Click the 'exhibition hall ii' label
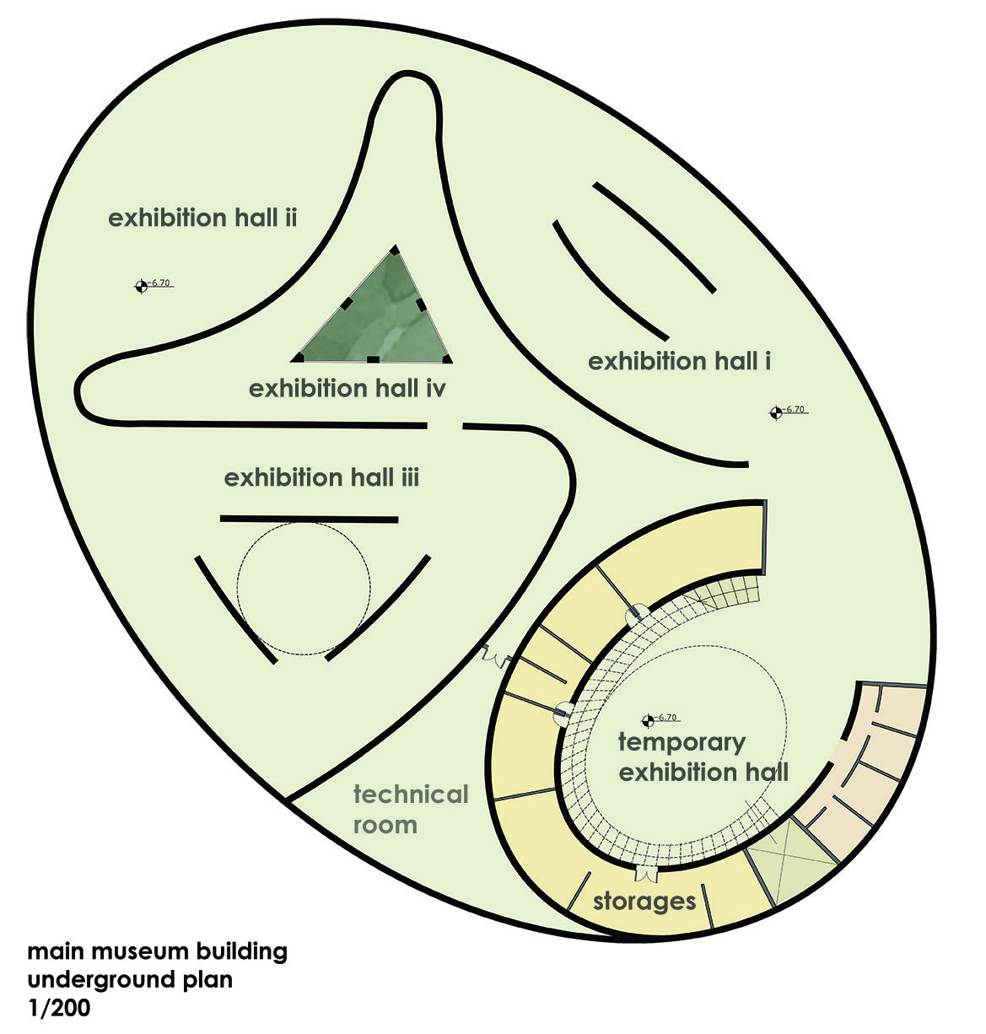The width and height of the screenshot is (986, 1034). pyautogui.click(x=202, y=218)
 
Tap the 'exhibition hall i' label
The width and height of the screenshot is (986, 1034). pyautogui.click(x=679, y=361)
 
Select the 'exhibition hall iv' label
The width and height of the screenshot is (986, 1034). pyautogui.click(x=348, y=389)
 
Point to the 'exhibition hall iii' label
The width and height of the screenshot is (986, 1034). pyautogui.click(x=321, y=478)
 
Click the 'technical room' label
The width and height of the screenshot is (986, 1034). pyautogui.click(x=411, y=810)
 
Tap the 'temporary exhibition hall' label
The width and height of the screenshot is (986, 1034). pyautogui.click(x=703, y=757)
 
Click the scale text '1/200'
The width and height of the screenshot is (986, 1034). pyautogui.click(x=59, y=1008)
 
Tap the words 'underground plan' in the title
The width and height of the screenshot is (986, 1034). pyautogui.click(x=130, y=980)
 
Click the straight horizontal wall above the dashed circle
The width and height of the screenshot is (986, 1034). pyautogui.click(x=309, y=520)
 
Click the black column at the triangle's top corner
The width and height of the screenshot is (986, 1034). pyautogui.click(x=394, y=250)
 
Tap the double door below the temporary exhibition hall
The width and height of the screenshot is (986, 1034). pyautogui.click(x=645, y=874)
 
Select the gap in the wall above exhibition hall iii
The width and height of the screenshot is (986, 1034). pyautogui.click(x=445, y=425)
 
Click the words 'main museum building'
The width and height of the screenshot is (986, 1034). pyautogui.click(x=158, y=951)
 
